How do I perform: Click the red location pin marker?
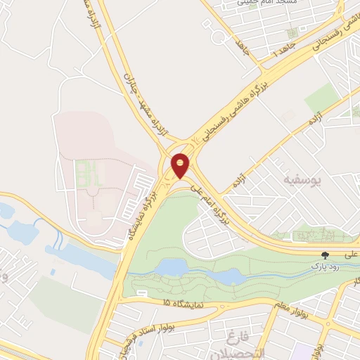181,165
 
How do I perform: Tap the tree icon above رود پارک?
325,257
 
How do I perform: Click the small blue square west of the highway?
53,272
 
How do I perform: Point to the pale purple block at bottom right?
302,353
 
